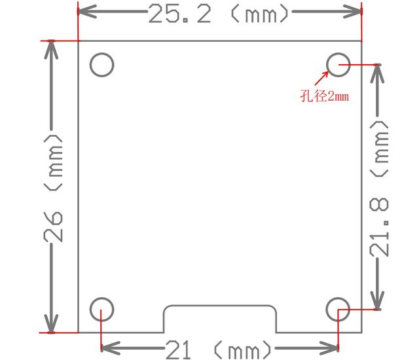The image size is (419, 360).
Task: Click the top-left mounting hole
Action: [102, 65]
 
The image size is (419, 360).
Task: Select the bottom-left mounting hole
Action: [101, 309]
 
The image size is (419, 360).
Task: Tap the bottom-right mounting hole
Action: [338, 308]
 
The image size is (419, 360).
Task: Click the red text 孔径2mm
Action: [324, 97]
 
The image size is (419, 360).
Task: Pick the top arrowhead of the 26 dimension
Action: [51, 48]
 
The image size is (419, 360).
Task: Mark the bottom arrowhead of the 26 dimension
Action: [51, 325]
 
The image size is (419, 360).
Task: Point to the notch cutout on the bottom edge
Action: [219, 319]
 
